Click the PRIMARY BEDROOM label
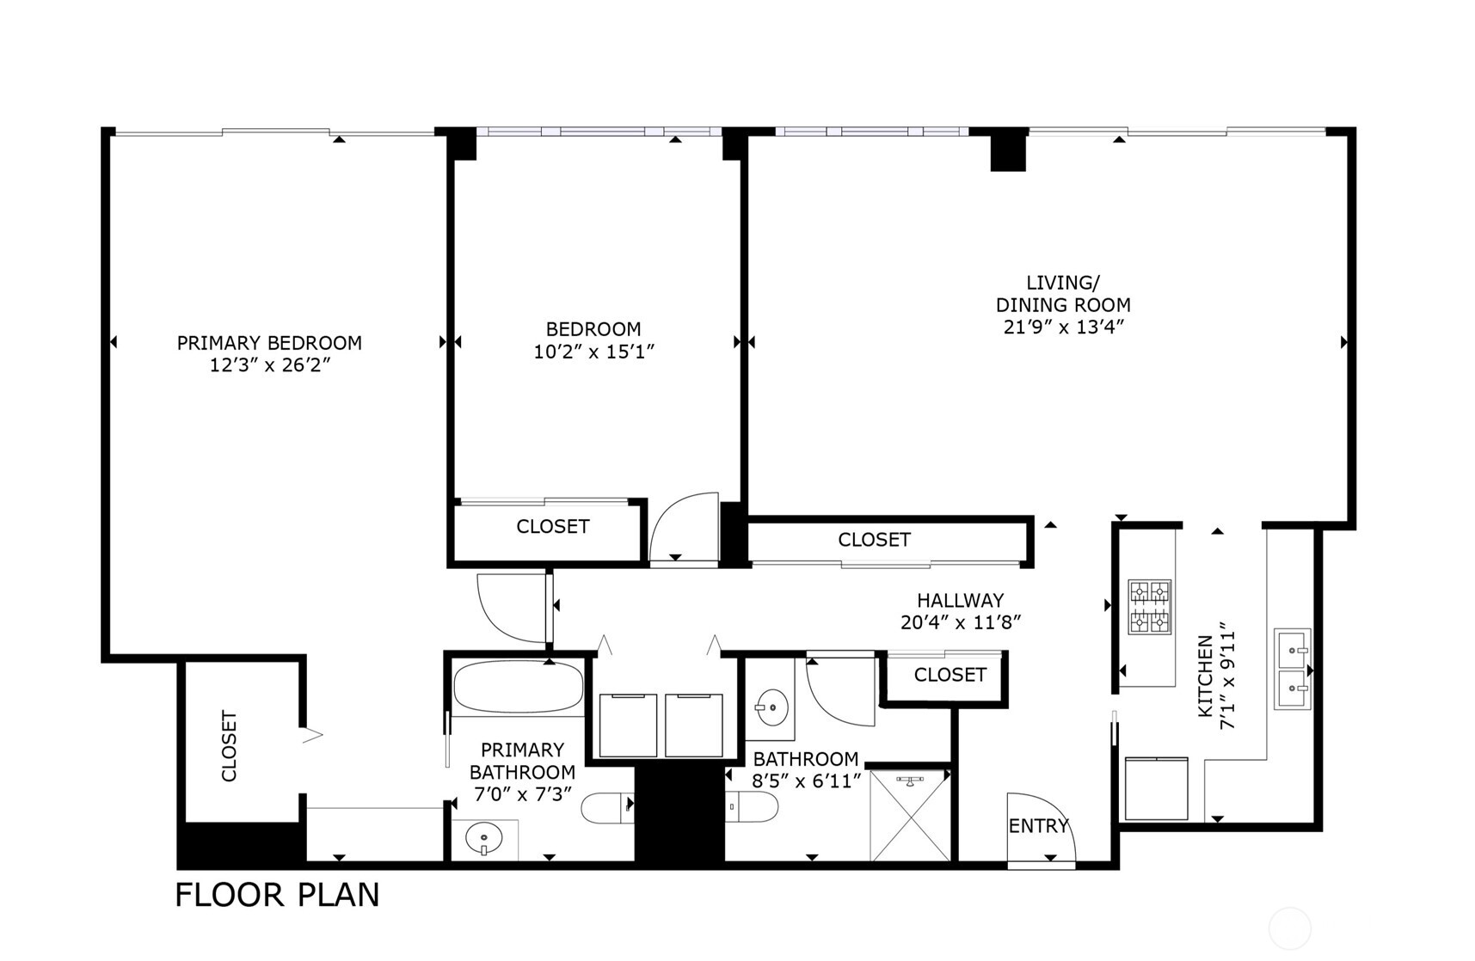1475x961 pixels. click(x=269, y=343)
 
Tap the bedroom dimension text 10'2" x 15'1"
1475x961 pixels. click(x=593, y=352)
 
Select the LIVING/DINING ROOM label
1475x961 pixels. click(x=1063, y=294)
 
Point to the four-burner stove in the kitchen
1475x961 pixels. click(x=1150, y=607)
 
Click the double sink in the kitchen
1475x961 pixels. click(x=1292, y=669)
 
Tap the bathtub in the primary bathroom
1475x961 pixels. click(x=518, y=687)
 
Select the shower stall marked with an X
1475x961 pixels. click(x=910, y=816)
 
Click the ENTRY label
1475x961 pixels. click(x=1038, y=826)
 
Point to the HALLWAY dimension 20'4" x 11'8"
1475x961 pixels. click(x=960, y=622)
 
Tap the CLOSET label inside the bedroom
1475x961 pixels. click(x=552, y=526)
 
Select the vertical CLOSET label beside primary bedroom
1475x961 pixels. click(x=229, y=745)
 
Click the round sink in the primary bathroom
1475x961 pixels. click(x=484, y=838)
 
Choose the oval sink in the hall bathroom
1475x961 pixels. click(x=771, y=708)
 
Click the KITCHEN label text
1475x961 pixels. click(x=1205, y=676)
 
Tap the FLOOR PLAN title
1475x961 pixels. click(x=277, y=895)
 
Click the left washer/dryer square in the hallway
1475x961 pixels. click(x=628, y=725)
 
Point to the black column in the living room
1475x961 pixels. click(x=1008, y=150)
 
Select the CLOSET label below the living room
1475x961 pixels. click(x=874, y=539)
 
